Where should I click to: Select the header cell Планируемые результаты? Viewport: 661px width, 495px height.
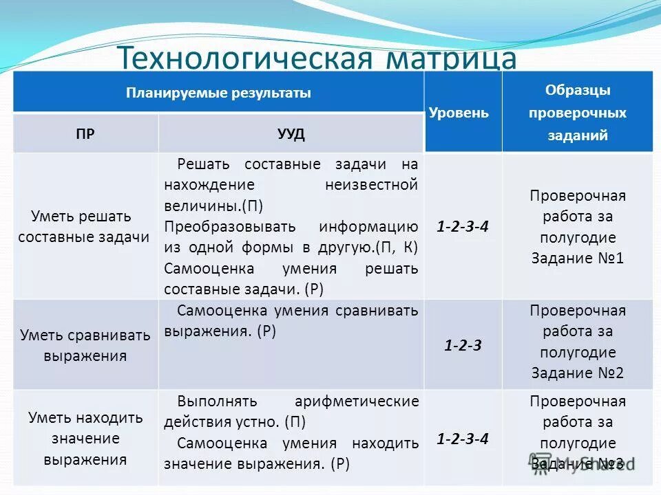(218, 93)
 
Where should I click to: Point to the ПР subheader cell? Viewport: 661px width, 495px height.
(85, 133)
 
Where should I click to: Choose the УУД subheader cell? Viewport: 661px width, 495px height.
(291, 133)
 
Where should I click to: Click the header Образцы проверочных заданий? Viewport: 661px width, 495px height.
(577, 113)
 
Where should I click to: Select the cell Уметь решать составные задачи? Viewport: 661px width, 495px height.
(84, 226)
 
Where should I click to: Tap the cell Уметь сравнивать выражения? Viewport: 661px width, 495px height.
(85, 345)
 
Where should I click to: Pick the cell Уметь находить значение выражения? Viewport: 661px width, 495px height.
(85, 438)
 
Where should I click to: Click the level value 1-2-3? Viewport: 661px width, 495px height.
(463, 345)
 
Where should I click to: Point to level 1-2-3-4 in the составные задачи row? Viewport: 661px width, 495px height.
(463, 225)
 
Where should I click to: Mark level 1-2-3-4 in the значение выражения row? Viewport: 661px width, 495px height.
(463, 439)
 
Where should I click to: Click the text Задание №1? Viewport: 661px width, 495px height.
(577, 259)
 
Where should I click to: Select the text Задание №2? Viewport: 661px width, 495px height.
(577, 373)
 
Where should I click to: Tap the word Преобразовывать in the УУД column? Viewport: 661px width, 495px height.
(230, 226)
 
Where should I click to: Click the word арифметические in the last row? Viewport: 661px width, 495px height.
(356, 401)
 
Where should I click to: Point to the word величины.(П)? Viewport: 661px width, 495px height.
(213, 206)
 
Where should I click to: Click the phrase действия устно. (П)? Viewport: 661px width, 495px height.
(234, 421)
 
